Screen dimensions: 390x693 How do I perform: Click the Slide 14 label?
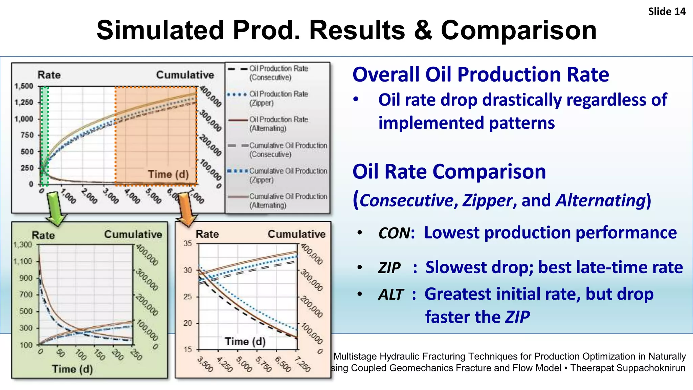point(666,12)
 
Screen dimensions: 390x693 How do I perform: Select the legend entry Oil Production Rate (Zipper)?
point(278,98)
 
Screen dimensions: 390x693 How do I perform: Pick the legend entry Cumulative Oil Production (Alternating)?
point(288,201)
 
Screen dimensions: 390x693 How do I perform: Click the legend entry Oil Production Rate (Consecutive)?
point(278,73)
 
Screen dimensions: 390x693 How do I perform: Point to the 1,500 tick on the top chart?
point(24,86)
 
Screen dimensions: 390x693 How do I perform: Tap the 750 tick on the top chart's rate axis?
point(27,135)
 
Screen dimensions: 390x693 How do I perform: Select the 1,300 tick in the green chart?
point(23,245)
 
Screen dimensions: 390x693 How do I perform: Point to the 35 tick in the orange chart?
point(188,243)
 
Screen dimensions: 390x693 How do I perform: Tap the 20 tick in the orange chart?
point(188,323)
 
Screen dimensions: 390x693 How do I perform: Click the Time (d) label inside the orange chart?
point(245,341)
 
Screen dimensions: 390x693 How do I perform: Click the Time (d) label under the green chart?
point(72,369)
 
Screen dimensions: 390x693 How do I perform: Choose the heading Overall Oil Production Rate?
point(480,74)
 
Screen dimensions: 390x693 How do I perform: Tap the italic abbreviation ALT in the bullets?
point(391,295)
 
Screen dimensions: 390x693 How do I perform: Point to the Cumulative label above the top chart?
point(185,75)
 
